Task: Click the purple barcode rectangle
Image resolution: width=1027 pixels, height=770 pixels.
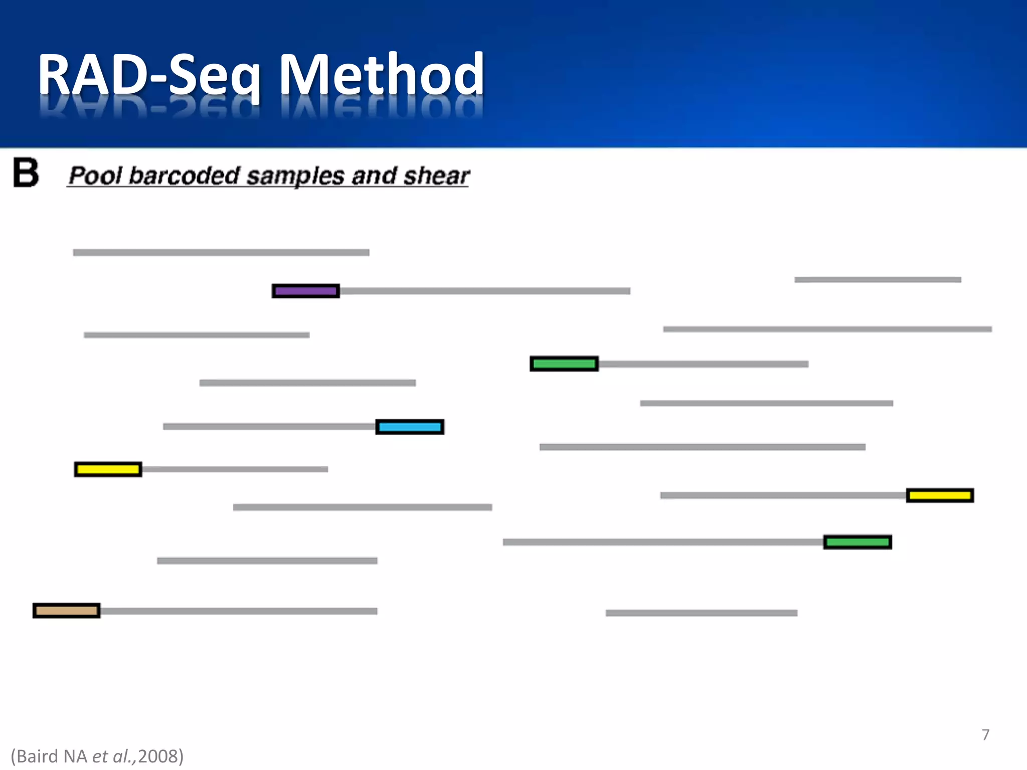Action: coord(305,291)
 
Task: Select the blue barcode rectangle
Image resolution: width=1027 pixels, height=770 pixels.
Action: coord(410,427)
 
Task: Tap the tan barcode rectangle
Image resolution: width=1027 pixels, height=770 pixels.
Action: coord(67,611)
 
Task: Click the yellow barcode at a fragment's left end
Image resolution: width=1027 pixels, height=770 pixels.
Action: coord(108,470)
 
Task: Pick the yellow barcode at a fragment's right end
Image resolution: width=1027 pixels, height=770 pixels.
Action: coord(940,496)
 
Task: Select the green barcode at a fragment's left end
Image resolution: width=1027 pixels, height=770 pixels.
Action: coord(564,364)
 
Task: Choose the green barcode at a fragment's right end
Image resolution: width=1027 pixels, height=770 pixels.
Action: coord(858,542)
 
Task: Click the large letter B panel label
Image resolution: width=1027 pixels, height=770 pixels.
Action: coord(26,173)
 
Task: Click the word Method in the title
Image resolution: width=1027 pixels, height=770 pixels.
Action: coord(381,75)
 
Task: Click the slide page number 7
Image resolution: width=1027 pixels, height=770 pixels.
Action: coord(985,735)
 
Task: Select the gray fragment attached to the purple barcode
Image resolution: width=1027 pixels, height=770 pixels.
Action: coord(484,291)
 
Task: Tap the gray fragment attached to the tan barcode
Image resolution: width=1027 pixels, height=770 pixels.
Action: coord(239,611)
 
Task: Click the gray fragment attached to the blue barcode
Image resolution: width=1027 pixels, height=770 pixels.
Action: coord(269,427)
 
